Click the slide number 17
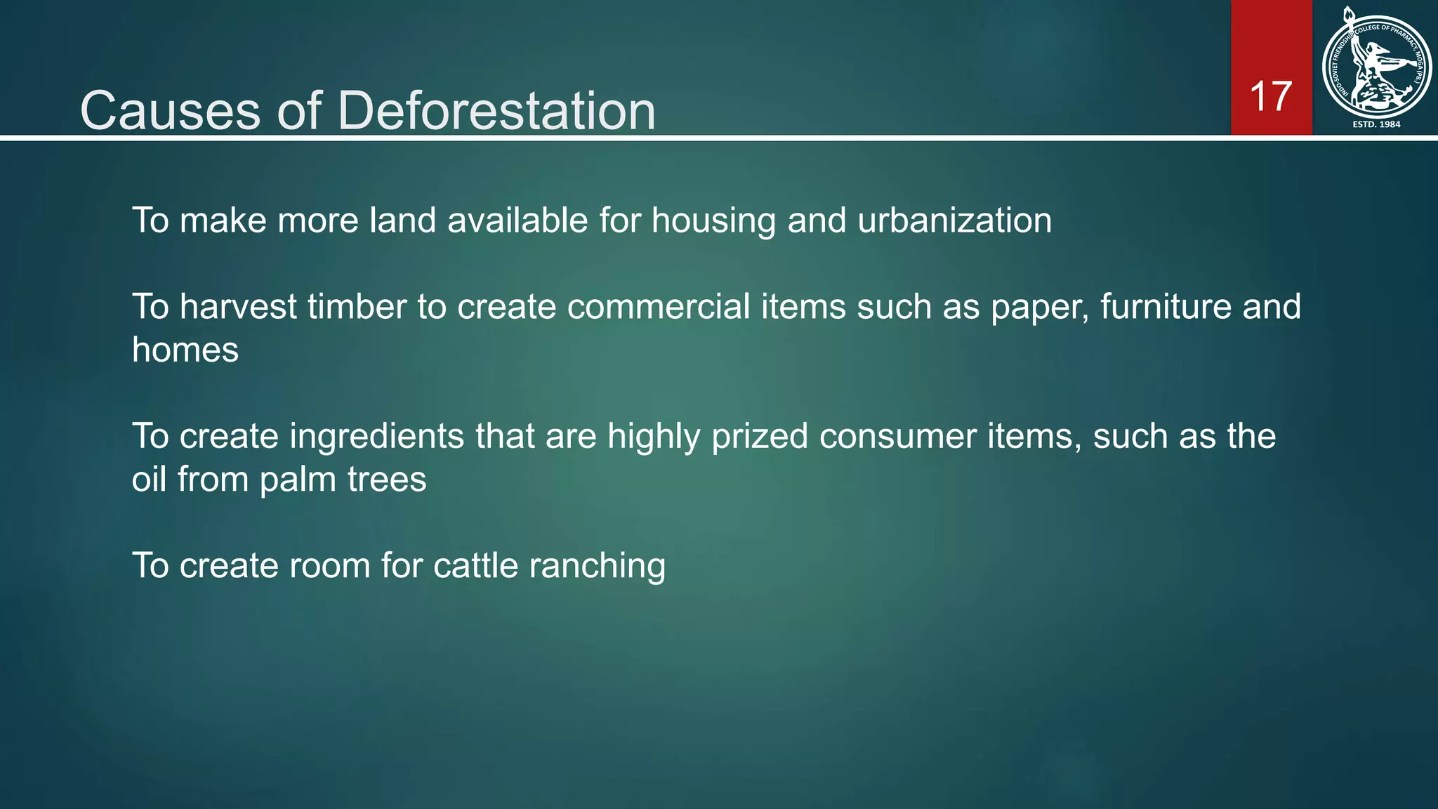pos(1271,96)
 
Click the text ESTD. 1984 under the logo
pos(1376,124)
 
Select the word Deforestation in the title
pos(496,111)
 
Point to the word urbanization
pos(954,221)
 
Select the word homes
pos(185,350)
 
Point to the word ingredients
pos(376,436)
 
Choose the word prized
pos(760,436)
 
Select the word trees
pos(387,480)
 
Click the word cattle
pos(475,566)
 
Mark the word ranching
pos(597,566)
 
